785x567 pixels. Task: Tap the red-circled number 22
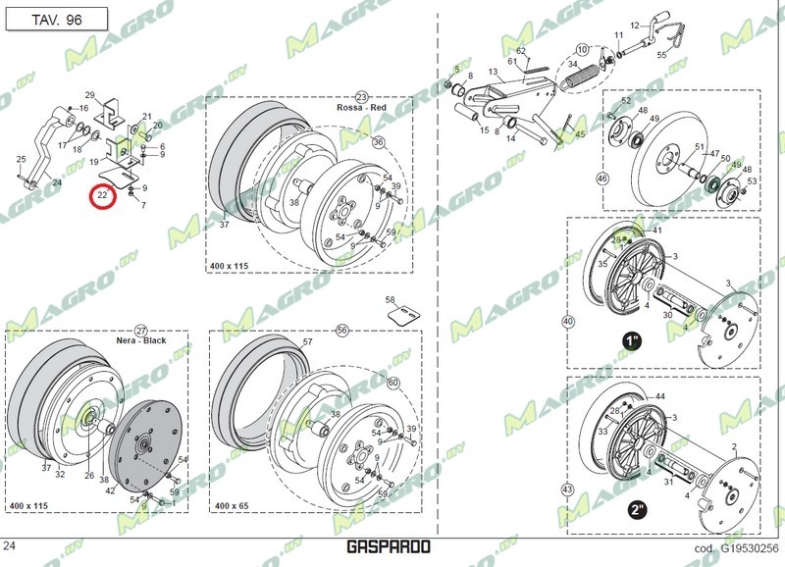pyautogui.click(x=102, y=196)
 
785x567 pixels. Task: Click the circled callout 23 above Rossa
pyautogui.click(x=361, y=97)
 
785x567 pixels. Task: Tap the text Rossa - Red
pyautogui.click(x=360, y=108)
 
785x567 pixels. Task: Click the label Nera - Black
pyautogui.click(x=140, y=341)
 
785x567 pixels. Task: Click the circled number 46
pyautogui.click(x=602, y=179)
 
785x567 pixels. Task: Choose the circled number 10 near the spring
pyautogui.click(x=582, y=49)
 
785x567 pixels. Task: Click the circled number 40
pyautogui.click(x=567, y=321)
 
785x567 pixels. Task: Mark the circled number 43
pyautogui.click(x=567, y=489)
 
